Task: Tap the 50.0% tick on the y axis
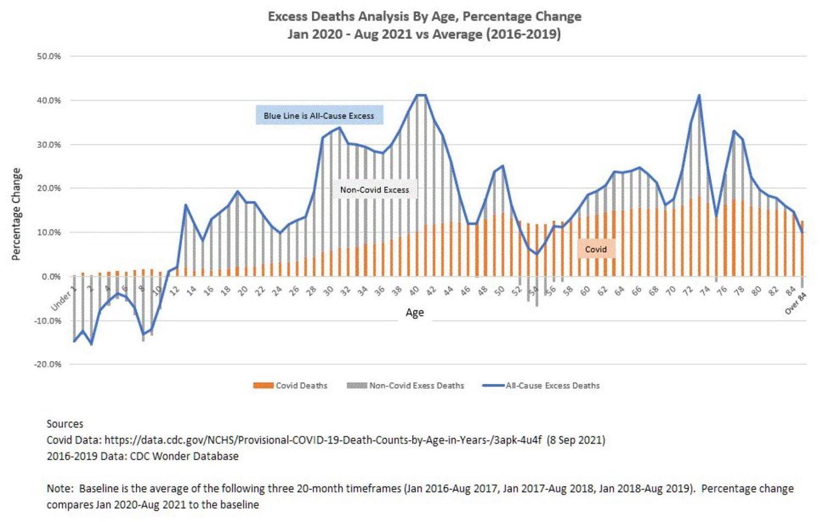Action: (x=49, y=57)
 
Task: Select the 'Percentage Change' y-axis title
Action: (x=16, y=214)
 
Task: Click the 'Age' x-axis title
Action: (x=415, y=313)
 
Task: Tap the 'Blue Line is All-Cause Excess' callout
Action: (x=319, y=116)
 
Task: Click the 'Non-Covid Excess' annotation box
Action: (x=374, y=190)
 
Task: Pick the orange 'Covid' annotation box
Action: (x=596, y=249)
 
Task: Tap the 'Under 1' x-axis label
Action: (x=62, y=300)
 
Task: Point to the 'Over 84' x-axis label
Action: (x=796, y=303)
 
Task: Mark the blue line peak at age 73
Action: (x=699, y=96)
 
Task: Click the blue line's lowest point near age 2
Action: (x=91, y=344)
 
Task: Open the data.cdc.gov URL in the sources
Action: (x=323, y=440)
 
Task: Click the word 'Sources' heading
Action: (x=65, y=424)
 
